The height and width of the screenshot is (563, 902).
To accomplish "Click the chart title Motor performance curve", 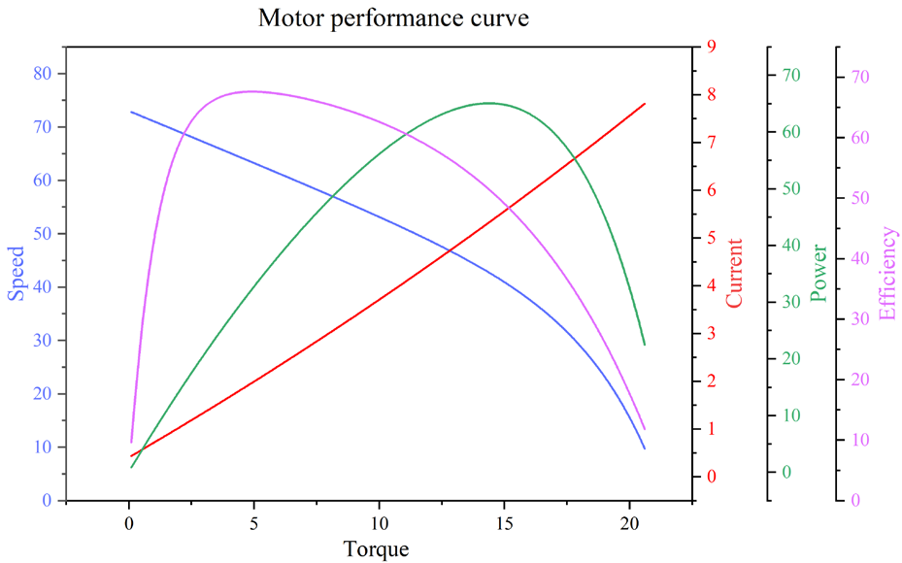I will pyautogui.click(x=393, y=17).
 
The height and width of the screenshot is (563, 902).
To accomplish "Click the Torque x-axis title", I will pyautogui.click(x=376, y=549).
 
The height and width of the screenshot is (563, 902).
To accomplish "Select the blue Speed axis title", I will pyautogui.click(x=17, y=273).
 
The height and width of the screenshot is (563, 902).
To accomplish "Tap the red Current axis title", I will pyautogui.click(x=734, y=273).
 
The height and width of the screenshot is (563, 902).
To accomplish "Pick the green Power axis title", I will pyautogui.click(x=819, y=273).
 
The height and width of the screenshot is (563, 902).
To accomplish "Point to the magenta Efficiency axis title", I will pyautogui.click(x=886, y=273).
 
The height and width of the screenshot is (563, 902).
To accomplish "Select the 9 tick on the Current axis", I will pyautogui.click(x=712, y=47).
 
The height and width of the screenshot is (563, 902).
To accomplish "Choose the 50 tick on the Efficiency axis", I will pyautogui.click(x=859, y=198).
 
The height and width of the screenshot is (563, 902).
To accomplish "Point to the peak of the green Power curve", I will pyautogui.click(x=488, y=103).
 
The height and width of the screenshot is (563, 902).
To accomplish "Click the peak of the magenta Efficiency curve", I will pyautogui.click(x=251, y=91).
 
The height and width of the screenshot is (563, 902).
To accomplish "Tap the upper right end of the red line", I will pyautogui.click(x=645, y=104).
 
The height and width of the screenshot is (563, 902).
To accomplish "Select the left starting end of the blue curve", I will pyautogui.click(x=131, y=112).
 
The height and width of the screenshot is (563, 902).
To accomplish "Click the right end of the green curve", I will pyautogui.click(x=645, y=345).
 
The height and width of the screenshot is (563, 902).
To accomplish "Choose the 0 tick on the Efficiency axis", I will pyautogui.click(x=855, y=501).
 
